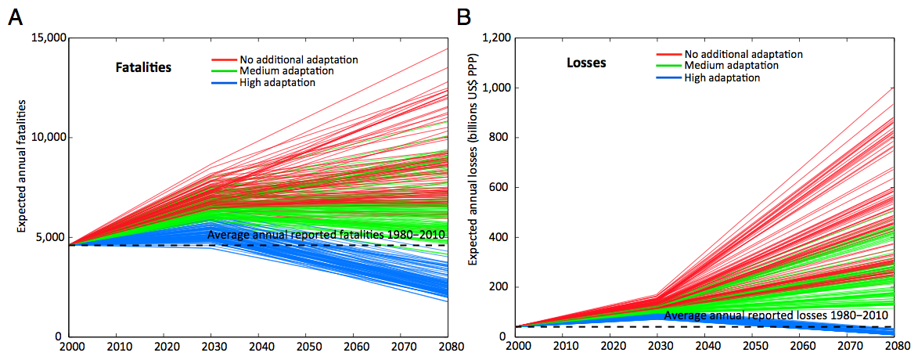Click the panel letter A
click(x=14, y=16)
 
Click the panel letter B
click(x=465, y=16)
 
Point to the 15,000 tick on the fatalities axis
click(x=47, y=38)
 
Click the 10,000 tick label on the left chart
click(x=47, y=137)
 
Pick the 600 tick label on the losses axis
click(x=502, y=187)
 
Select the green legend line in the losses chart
click(x=668, y=66)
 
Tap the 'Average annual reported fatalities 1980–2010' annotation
click(x=326, y=234)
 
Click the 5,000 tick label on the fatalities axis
click(x=50, y=237)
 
